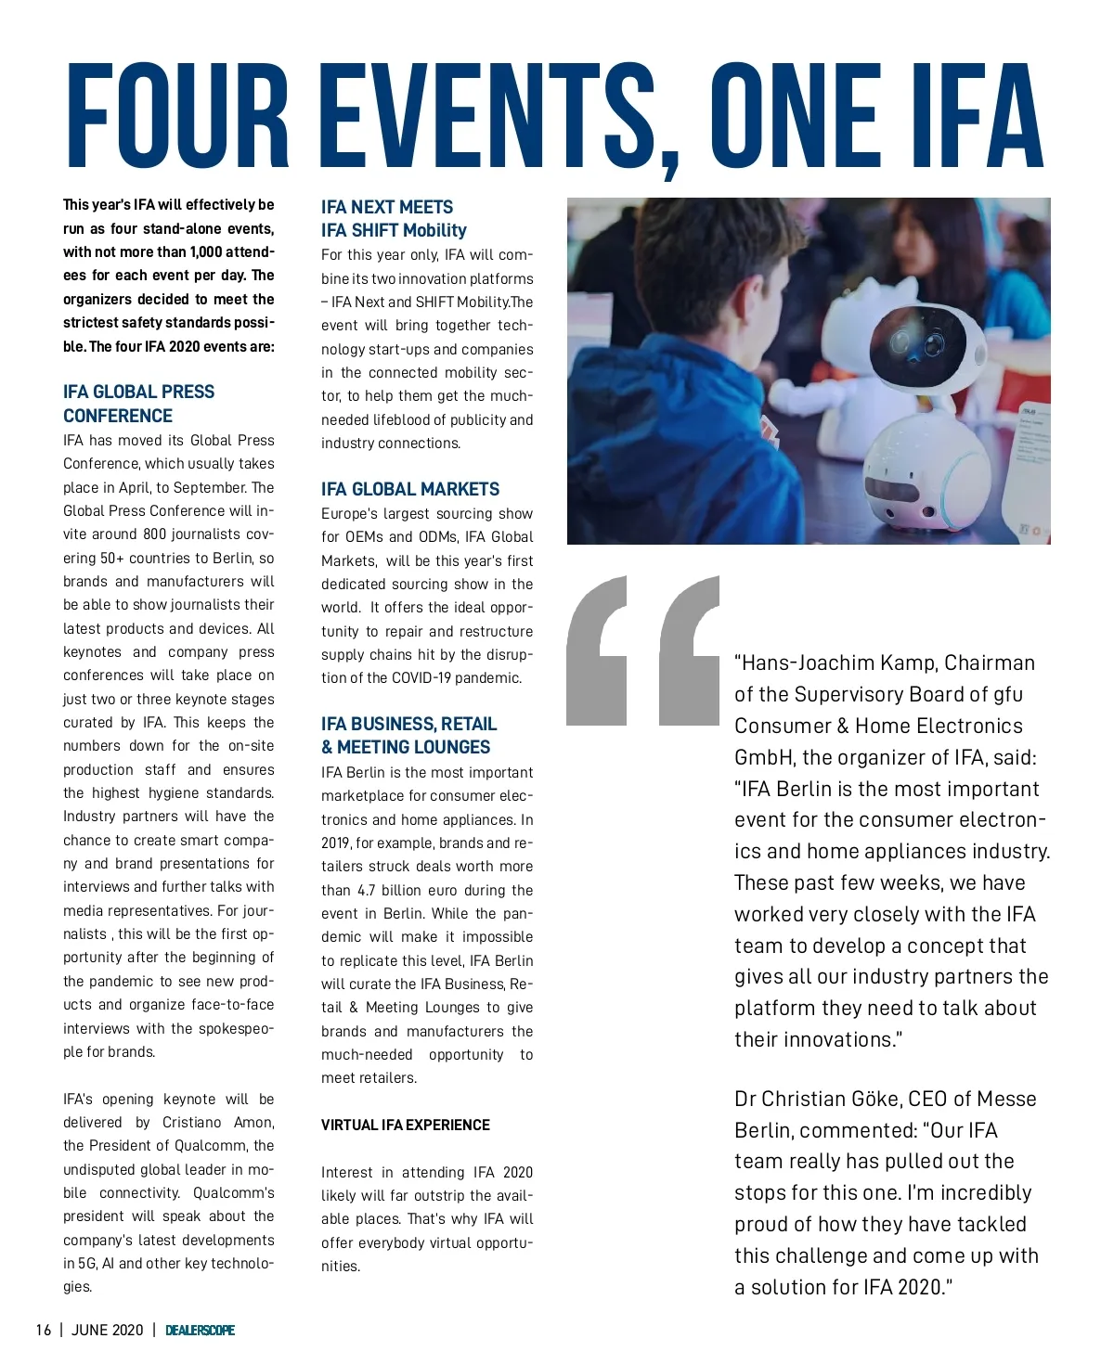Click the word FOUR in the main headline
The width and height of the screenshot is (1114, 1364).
(x=177, y=114)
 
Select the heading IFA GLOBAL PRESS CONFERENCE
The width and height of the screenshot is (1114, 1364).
(x=138, y=404)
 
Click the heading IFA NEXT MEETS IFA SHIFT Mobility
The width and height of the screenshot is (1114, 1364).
(x=394, y=218)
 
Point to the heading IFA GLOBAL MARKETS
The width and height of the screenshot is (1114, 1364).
(x=409, y=489)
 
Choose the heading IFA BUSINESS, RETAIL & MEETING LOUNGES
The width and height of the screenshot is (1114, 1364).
(x=408, y=735)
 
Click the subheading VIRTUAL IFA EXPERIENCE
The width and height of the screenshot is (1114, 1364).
(x=405, y=1125)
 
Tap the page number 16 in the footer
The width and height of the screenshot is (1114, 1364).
(x=44, y=1330)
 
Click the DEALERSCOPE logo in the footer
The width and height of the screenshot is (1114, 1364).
(x=200, y=1330)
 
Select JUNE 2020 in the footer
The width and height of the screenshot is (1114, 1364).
(x=108, y=1330)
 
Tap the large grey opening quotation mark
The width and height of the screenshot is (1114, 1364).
(x=642, y=650)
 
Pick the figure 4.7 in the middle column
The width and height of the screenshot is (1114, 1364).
(x=367, y=890)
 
